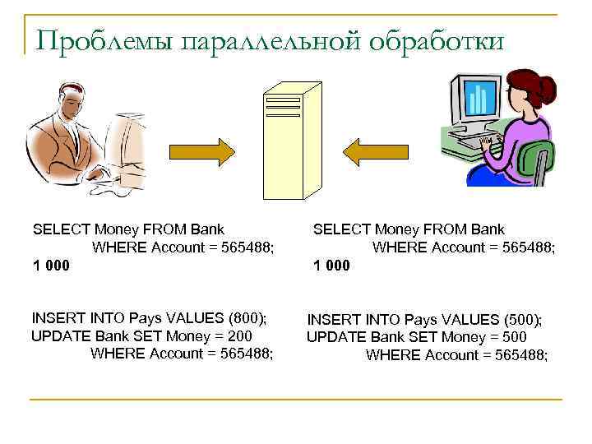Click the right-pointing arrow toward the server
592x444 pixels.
tap(201, 150)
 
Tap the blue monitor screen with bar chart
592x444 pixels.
tap(477, 99)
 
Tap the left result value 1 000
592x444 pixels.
tap(50, 265)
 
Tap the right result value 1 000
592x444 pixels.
tap(331, 265)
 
